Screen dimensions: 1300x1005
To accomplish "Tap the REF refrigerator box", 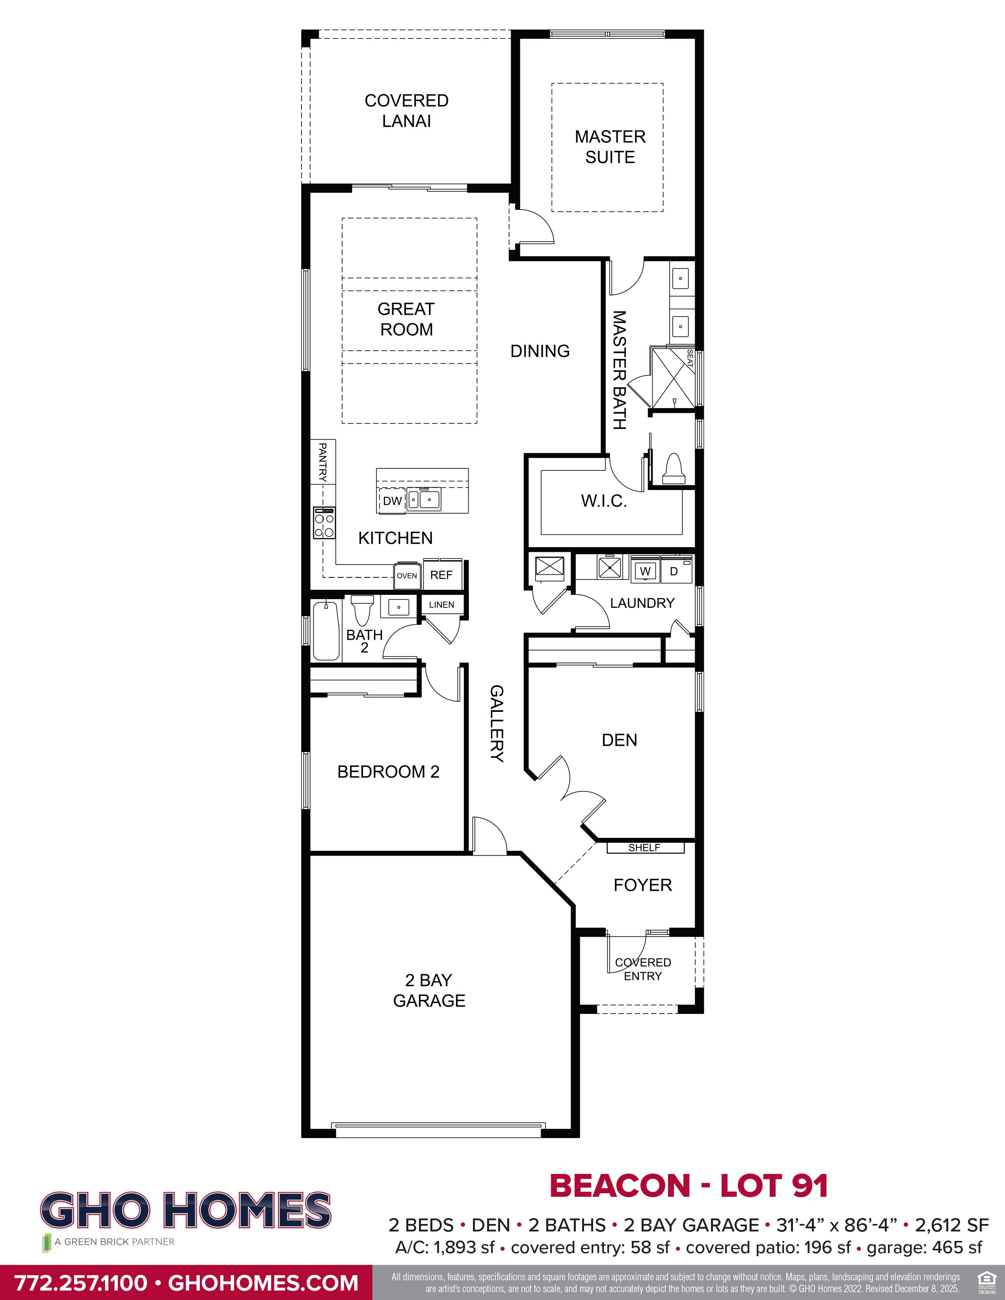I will coord(441,575).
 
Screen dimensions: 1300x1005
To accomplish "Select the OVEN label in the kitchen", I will coord(407,576).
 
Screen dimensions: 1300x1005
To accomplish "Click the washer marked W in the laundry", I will coord(645,571).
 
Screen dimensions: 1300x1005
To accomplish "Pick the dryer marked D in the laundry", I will coord(674,571).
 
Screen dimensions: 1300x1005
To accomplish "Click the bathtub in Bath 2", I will coord(326,631).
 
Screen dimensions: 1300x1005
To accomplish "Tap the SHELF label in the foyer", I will coord(644,848).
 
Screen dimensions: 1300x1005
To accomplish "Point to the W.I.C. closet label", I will coord(604,501).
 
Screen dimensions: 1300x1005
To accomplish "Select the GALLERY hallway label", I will coord(497,723).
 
